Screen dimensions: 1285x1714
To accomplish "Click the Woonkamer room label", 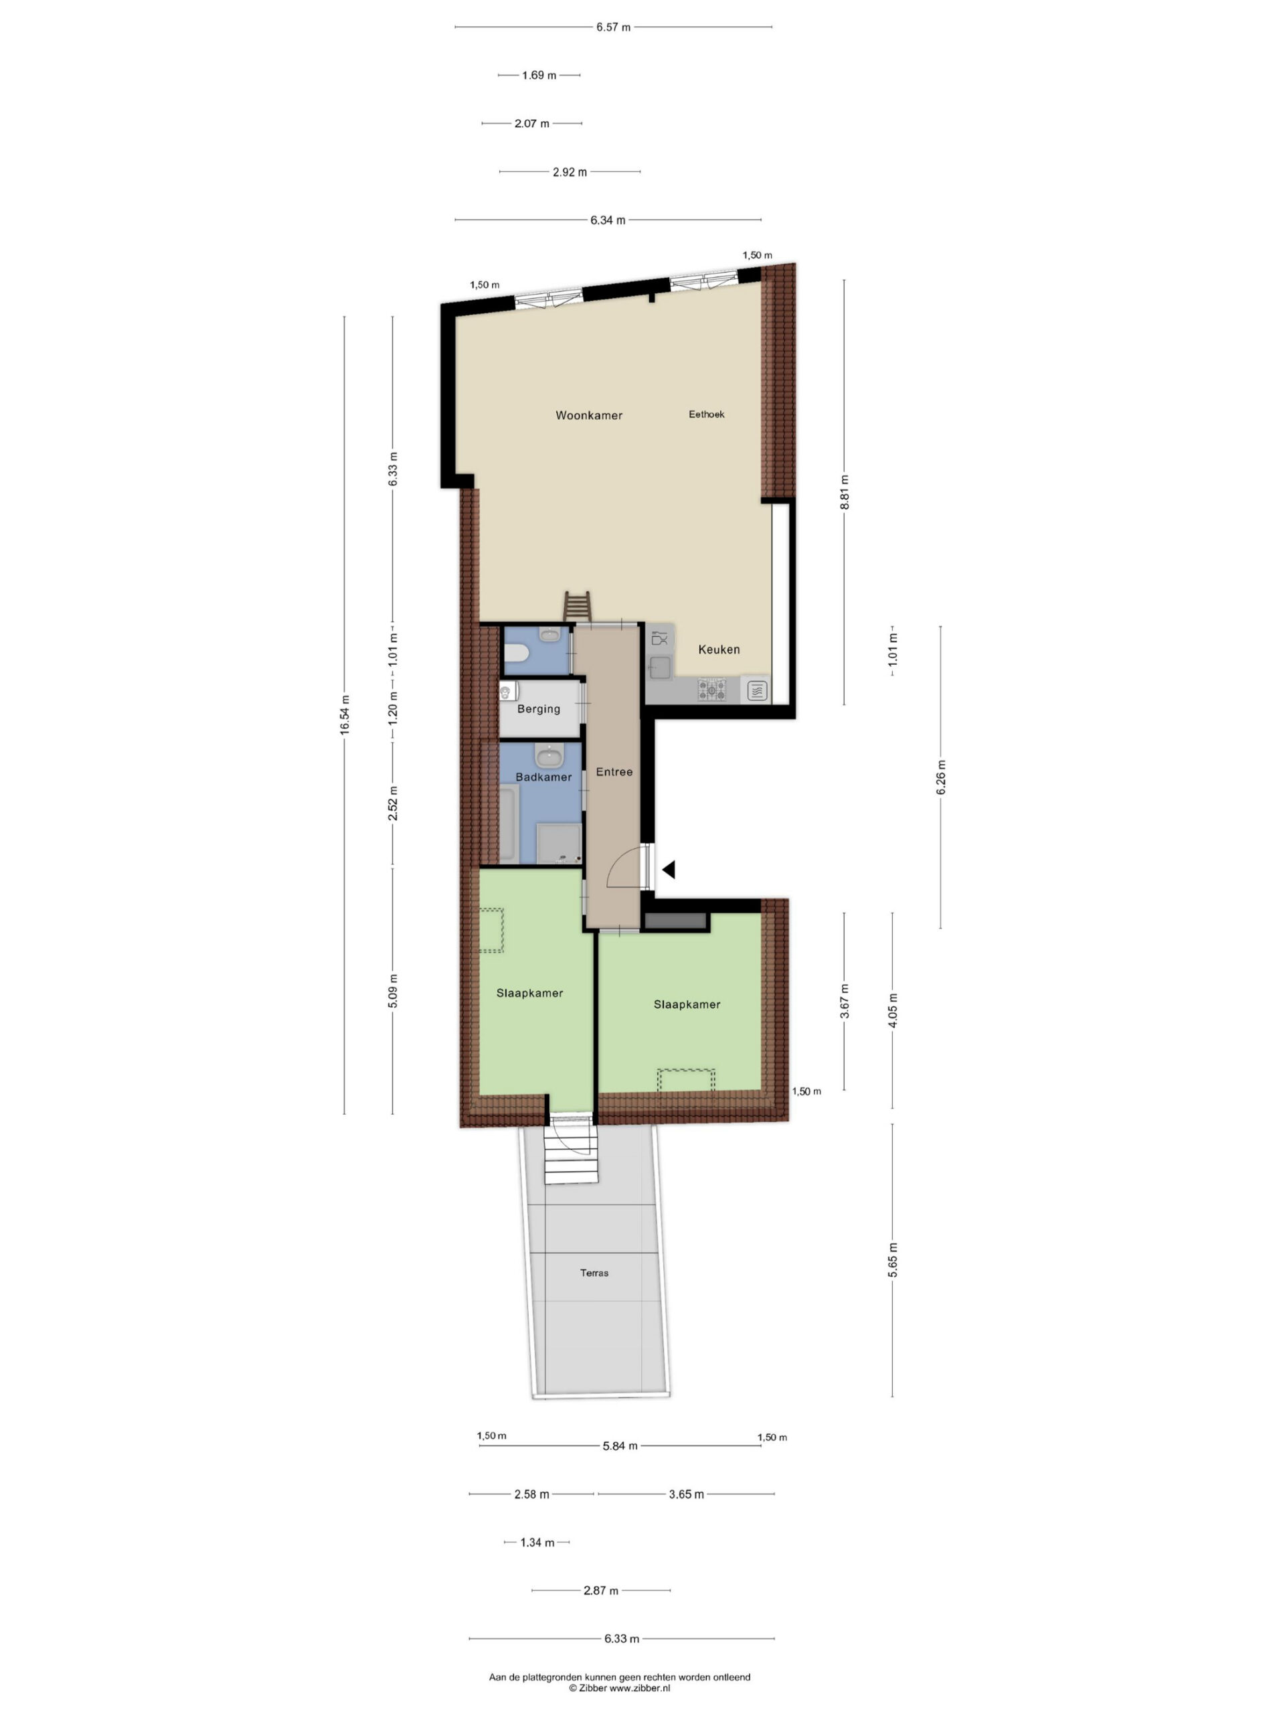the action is click(x=589, y=415).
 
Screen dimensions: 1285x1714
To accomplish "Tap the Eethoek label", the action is click(x=706, y=414).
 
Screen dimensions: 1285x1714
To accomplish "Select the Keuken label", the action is click(x=719, y=649).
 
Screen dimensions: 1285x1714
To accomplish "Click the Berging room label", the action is click(x=538, y=709).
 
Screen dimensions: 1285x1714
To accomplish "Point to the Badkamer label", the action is click(x=543, y=777).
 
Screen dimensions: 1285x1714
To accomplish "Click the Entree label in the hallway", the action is click(x=614, y=772).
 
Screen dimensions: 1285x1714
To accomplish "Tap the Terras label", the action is click(x=594, y=1272).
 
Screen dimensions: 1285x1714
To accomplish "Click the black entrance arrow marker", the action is click(x=669, y=870).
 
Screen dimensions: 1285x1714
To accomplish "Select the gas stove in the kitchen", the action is click(x=713, y=689).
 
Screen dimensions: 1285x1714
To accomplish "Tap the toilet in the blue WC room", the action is click(x=516, y=655).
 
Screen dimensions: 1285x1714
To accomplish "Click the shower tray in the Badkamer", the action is click(x=560, y=843).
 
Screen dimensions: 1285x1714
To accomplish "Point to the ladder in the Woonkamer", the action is click(x=577, y=607).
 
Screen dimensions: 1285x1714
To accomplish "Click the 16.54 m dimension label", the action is click(x=345, y=714).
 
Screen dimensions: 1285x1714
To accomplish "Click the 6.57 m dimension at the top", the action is click(x=614, y=27).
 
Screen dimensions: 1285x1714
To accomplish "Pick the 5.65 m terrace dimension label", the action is click(x=892, y=1260).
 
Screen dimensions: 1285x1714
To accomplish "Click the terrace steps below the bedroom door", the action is click(x=571, y=1162).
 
